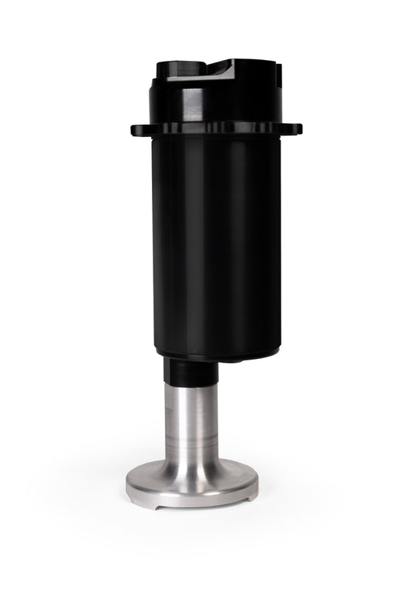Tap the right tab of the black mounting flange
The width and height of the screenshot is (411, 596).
tap(295, 129)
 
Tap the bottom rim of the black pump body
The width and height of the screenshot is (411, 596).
tap(218, 357)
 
